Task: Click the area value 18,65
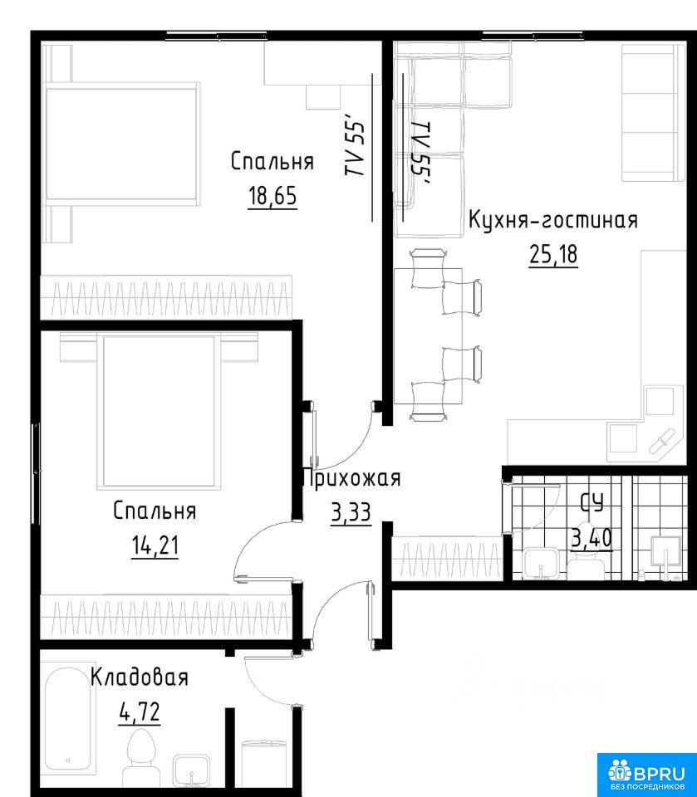pyautogui.click(x=272, y=196)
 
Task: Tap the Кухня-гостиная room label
pyautogui.click(x=552, y=221)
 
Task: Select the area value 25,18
pyautogui.click(x=553, y=254)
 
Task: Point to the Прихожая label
pyautogui.click(x=351, y=479)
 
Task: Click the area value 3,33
pyautogui.click(x=351, y=512)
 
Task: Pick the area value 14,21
pyautogui.click(x=155, y=546)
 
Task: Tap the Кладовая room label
pyautogui.click(x=140, y=677)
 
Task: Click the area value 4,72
pyautogui.click(x=140, y=711)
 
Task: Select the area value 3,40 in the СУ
pyautogui.click(x=591, y=538)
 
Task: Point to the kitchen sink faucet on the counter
pyautogui.click(x=661, y=442)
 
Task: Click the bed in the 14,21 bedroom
pyautogui.click(x=160, y=411)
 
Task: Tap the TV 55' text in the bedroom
pyautogui.click(x=356, y=149)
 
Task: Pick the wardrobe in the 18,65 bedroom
pyautogui.click(x=166, y=297)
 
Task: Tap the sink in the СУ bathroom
pyautogui.click(x=542, y=564)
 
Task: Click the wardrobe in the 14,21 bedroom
pyautogui.click(x=166, y=615)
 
